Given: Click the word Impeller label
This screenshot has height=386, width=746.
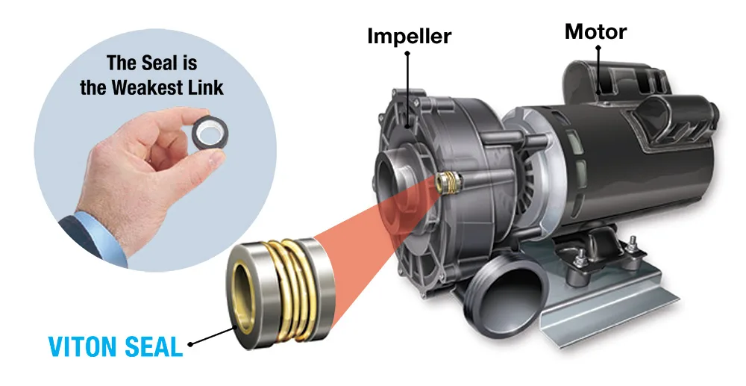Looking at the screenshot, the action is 409,36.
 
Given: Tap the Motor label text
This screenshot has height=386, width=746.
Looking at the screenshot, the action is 595,31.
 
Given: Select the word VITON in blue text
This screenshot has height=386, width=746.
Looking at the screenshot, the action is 84,346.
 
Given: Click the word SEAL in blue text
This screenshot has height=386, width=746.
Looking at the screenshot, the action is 154,346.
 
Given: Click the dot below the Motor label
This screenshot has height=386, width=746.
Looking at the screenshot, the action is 598,48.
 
